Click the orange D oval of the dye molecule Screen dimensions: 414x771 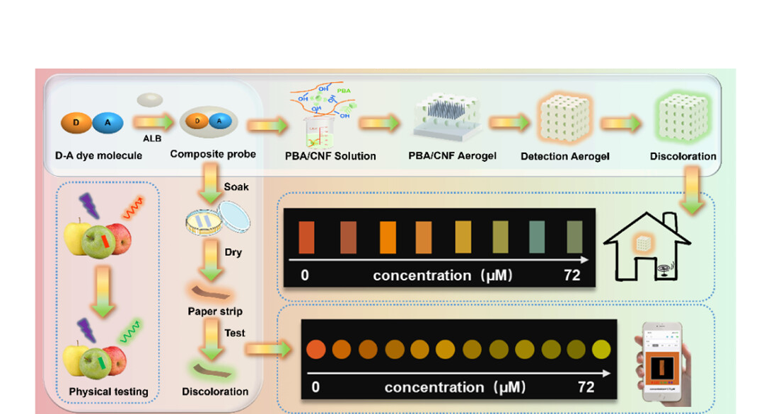coord(76,122)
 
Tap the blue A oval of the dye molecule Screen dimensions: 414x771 coord(108,122)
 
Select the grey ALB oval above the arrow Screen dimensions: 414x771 coord(150,100)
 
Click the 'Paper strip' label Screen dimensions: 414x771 coord(215,311)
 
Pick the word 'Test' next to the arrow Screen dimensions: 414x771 coord(235,332)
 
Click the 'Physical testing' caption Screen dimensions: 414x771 coord(108,391)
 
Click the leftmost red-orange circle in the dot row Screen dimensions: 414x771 coord(315,348)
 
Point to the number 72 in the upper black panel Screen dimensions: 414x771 coord(572,275)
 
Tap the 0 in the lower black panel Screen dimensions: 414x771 coord(315,387)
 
